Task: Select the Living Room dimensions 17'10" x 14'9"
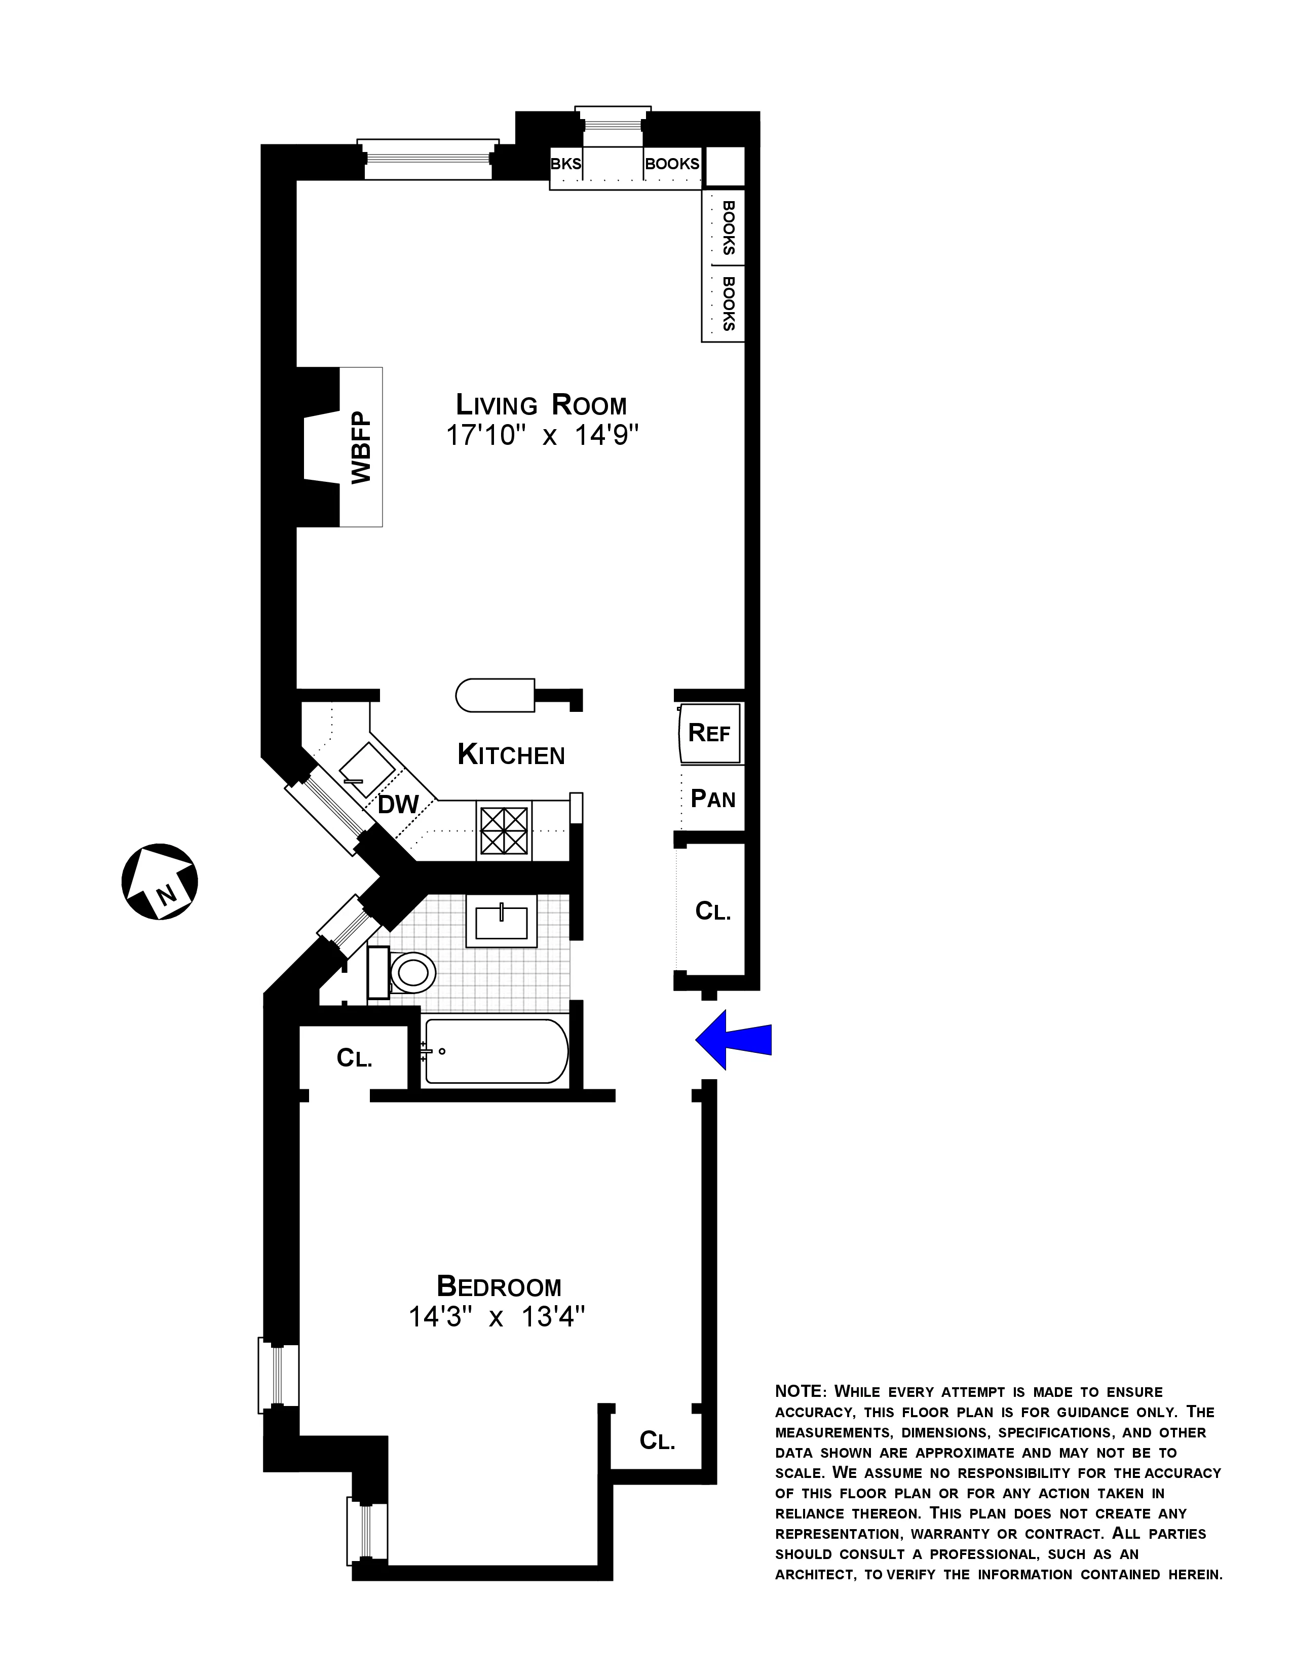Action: pos(542,436)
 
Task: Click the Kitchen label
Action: pos(511,755)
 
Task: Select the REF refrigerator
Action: pos(709,733)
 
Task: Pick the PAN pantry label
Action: pos(712,799)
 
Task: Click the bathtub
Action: pos(496,1050)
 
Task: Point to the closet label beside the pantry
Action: pos(712,911)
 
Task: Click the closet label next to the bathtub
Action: pos(354,1058)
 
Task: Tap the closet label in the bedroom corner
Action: pos(657,1441)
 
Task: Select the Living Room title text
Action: pos(541,404)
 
